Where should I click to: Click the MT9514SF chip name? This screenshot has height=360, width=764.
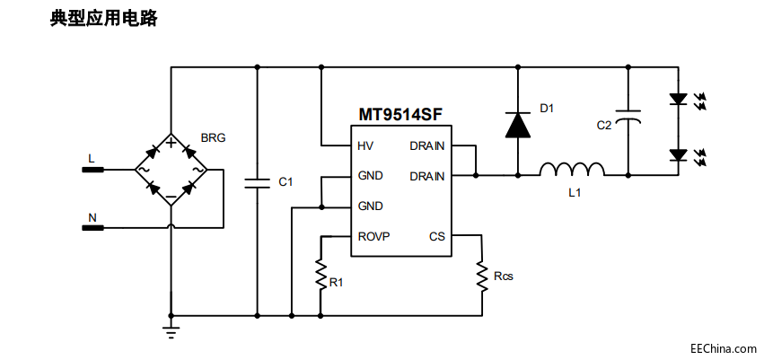tap(400, 115)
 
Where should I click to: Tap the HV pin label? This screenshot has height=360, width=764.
tap(365, 145)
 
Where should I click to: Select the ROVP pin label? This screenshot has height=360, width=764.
tap(373, 237)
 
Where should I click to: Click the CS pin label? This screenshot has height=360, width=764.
tap(437, 237)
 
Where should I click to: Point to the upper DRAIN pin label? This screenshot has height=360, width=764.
tap(427, 145)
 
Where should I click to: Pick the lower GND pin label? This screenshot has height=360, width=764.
tap(370, 206)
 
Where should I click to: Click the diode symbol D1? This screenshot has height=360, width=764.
tap(517, 125)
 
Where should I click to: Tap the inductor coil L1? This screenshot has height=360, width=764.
tap(572, 169)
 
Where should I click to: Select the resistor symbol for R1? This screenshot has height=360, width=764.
tap(321, 274)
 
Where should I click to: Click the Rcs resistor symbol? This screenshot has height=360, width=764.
tap(482, 277)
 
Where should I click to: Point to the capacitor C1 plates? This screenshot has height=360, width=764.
tap(256, 183)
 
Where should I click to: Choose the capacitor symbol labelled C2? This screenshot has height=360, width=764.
tap(628, 115)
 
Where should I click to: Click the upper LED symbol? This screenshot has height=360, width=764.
tap(678, 99)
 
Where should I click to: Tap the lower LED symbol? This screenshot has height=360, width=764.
tap(678, 155)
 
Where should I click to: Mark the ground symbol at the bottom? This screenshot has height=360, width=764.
tap(171, 332)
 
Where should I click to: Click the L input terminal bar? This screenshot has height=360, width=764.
tap(92, 170)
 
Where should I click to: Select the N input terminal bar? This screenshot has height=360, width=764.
tap(92, 227)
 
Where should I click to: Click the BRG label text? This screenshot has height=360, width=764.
tap(214, 138)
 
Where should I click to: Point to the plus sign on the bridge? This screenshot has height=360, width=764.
tap(171, 143)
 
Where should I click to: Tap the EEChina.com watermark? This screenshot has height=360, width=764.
tap(723, 348)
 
